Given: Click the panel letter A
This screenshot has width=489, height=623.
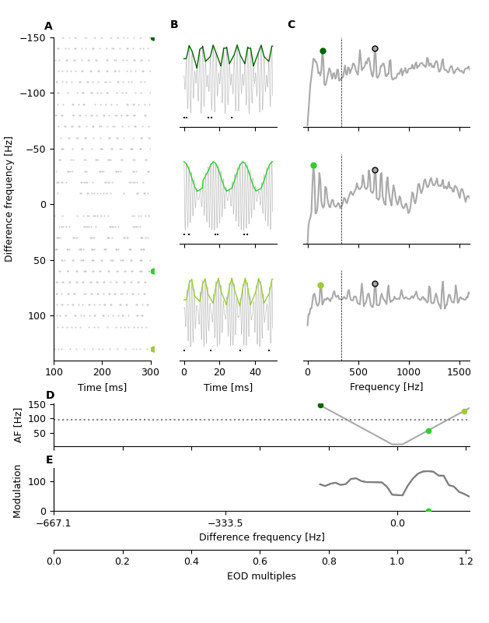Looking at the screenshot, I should tap(48, 26).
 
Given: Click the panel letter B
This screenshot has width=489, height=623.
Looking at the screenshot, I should tap(174, 25).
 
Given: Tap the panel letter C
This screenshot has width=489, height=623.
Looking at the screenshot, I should tap(292, 25).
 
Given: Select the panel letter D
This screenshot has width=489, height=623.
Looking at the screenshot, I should tap(50, 396).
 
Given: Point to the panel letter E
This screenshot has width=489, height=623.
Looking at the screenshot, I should tap(49, 460).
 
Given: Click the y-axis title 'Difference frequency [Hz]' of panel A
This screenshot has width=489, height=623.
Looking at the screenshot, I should tap(9, 199).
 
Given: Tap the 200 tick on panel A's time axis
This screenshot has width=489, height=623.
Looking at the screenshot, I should tap(102, 371).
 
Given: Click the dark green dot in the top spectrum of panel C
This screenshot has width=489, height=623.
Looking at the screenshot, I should tap(323, 51).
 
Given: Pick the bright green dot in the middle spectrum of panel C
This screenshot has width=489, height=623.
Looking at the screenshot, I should tap(313, 166).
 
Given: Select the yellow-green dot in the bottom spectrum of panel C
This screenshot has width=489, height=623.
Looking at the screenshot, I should tap(320, 286).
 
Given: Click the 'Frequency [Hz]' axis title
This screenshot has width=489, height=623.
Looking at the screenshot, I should tap(386, 387).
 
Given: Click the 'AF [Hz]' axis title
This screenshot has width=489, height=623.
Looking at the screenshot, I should tap(19, 425).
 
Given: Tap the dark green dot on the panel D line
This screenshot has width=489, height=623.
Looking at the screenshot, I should tap(320, 405).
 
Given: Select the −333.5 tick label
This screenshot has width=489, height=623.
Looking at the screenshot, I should tap(225, 523).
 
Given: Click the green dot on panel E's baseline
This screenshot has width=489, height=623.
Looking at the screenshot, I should tap(428, 512).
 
